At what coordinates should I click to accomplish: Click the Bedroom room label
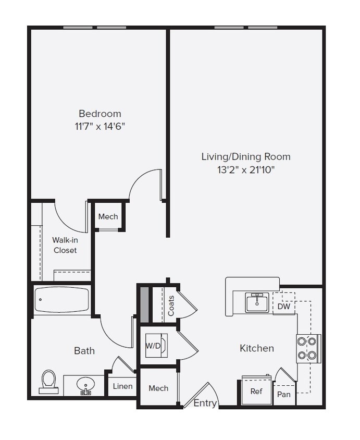coord(100,113)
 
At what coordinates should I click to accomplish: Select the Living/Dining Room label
coord(246,156)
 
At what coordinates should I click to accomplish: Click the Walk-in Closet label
coord(65,245)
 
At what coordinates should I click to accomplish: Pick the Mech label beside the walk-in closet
coord(108,217)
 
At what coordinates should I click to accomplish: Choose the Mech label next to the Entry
coord(158,388)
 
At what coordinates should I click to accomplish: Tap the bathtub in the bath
coord(61,300)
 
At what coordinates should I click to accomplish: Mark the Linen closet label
coord(123,386)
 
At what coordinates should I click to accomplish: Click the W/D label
coord(153,345)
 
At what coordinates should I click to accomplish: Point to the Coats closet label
coord(171,305)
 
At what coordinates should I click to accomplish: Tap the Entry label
coord(205,403)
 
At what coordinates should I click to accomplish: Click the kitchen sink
coord(257,302)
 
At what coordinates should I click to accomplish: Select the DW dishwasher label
coord(284,307)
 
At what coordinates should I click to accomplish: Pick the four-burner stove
coord(307,348)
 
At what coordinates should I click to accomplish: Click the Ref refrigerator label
coord(256,391)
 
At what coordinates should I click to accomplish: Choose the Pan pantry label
coord(284,394)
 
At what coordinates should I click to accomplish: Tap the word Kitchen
coord(257,348)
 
